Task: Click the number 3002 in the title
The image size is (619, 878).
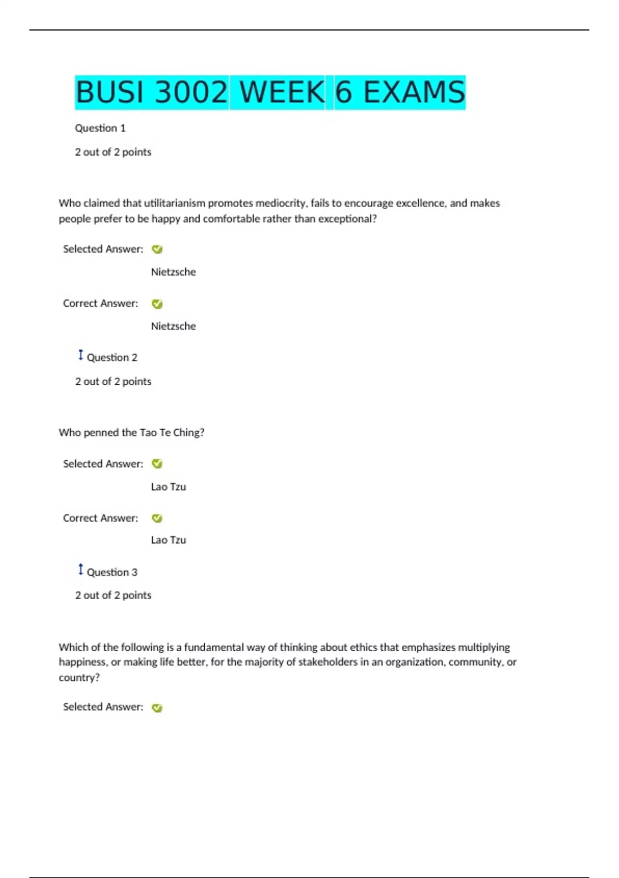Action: click(191, 92)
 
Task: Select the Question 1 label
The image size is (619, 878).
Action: click(100, 128)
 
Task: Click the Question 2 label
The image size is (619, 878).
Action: click(112, 357)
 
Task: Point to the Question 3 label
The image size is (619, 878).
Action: click(112, 572)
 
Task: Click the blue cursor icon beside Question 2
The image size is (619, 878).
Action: click(80, 355)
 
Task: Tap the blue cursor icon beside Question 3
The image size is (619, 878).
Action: click(80, 570)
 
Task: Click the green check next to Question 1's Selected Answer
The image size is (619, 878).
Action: click(157, 249)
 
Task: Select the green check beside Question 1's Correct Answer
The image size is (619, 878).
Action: click(157, 304)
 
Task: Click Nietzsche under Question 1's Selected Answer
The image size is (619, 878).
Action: click(173, 272)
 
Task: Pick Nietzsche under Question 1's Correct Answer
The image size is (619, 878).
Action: click(173, 326)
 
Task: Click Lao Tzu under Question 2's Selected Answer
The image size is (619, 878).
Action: click(168, 487)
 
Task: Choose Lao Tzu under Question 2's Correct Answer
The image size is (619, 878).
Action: click(168, 540)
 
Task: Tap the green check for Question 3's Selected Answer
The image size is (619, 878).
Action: click(157, 708)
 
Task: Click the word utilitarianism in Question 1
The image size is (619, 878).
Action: click(174, 203)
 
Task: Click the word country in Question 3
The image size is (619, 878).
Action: click(77, 678)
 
